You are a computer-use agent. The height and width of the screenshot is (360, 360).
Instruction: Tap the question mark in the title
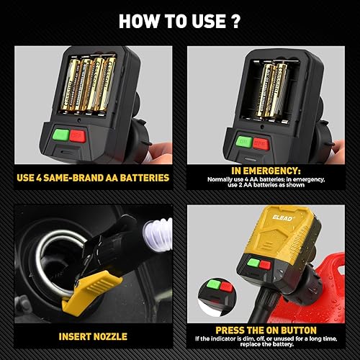click(x=235, y=20)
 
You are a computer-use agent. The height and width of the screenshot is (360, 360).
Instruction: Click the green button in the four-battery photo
click(x=61, y=135)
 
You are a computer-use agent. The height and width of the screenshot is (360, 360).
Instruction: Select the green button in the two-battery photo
click(x=243, y=142)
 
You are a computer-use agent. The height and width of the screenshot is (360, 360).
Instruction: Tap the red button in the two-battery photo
click(x=261, y=143)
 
